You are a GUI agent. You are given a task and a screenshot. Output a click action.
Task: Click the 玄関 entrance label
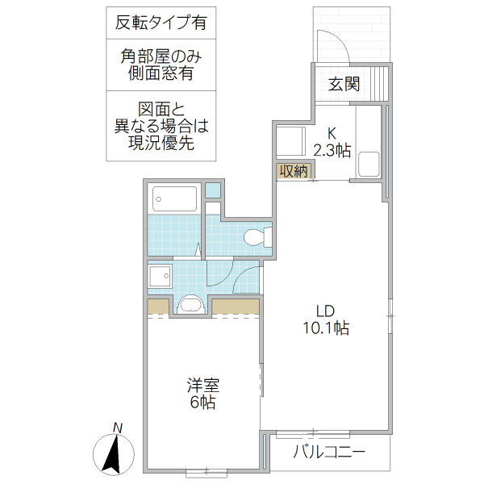coord(344,85)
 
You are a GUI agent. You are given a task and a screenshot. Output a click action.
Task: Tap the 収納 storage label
coord(294,171)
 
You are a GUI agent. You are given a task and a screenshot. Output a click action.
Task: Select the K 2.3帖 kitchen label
coord(332,142)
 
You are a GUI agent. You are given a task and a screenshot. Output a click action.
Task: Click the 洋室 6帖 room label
coord(202,394)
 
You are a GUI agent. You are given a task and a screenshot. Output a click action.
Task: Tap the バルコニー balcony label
coord(328,452)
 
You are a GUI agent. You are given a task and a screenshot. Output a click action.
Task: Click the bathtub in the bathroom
coord(174,198)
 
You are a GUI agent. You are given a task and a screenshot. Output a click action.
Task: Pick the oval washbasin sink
coord(191,305)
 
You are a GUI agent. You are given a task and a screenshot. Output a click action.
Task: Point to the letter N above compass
coord(118,428)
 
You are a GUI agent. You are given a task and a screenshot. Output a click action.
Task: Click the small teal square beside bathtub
coord(212,192)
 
